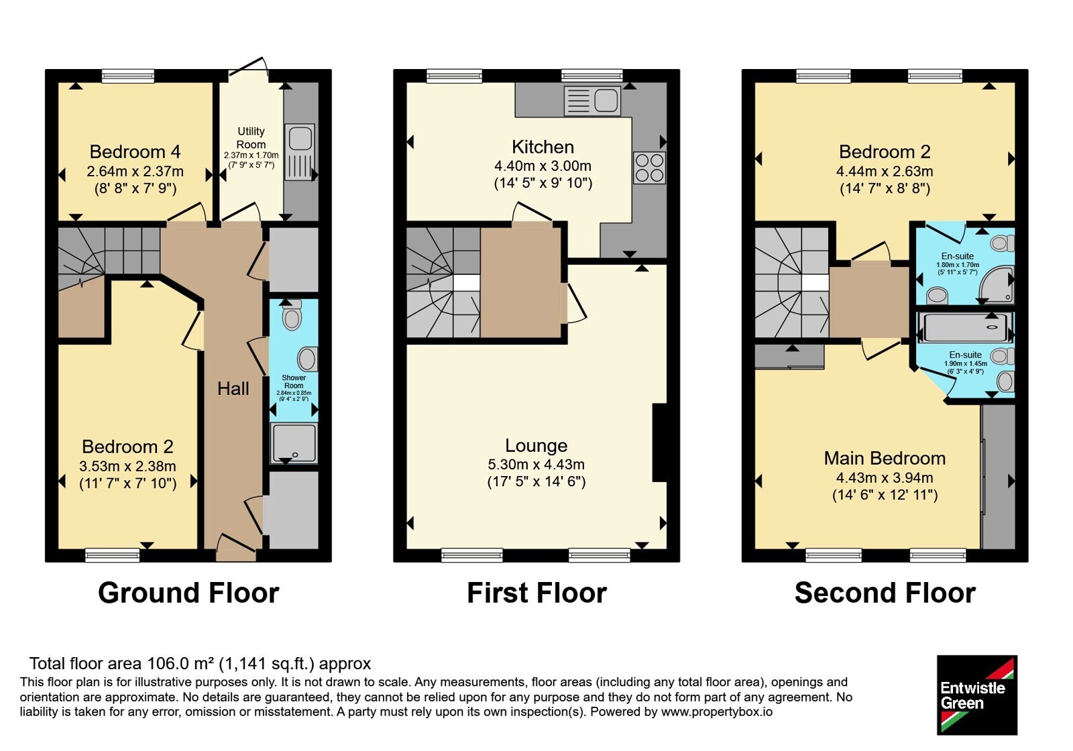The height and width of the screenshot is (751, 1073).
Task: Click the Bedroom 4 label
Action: [135, 152]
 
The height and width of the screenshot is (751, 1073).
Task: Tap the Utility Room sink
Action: [300, 152]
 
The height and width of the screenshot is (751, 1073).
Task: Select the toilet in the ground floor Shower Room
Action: [292, 314]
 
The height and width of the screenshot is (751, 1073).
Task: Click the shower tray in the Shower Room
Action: [294, 443]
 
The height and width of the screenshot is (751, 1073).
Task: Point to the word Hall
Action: [233, 388]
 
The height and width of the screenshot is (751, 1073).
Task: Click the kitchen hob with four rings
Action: [650, 168]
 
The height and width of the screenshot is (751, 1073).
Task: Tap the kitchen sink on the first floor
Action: [593, 101]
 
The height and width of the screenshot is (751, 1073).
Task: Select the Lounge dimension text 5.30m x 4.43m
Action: [536, 464]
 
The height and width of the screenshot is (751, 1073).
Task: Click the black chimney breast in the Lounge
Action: [660, 443]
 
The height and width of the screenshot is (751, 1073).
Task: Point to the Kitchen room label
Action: [543, 147]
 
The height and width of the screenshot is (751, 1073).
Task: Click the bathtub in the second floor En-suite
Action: [965, 328]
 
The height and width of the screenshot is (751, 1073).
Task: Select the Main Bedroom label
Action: [885, 459]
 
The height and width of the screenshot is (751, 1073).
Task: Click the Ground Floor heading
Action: [188, 593]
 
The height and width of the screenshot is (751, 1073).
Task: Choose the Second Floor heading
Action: [885, 593]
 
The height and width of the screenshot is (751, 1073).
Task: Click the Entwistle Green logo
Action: [977, 695]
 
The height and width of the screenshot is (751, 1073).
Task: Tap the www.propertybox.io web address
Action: [717, 711]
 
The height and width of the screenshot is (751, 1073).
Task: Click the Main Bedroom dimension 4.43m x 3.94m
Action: [885, 477]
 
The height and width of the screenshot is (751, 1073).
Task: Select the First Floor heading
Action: [537, 593]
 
